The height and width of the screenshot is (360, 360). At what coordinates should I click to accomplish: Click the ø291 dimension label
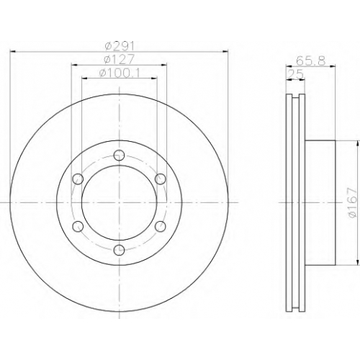pyautogui.click(x=120, y=45)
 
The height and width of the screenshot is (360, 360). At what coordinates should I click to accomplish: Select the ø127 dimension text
pyautogui.click(x=119, y=59)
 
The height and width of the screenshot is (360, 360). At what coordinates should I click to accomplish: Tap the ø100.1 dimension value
pyautogui.click(x=120, y=73)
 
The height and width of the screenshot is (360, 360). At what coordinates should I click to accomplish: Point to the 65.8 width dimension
pyautogui.click(x=310, y=60)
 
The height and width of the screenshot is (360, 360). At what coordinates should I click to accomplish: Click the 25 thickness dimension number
pyautogui.click(x=296, y=74)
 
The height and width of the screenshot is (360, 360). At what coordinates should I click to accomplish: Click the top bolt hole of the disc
pyautogui.click(x=119, y=155)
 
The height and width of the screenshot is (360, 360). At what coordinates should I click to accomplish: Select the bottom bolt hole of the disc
pyautogui.click(x=119, y=251)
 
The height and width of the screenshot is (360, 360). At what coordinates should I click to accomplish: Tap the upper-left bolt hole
pyautogui.click(x=78, y=179)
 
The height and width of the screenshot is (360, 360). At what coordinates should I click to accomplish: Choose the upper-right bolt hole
pyautogui.click(x=161, y=179)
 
